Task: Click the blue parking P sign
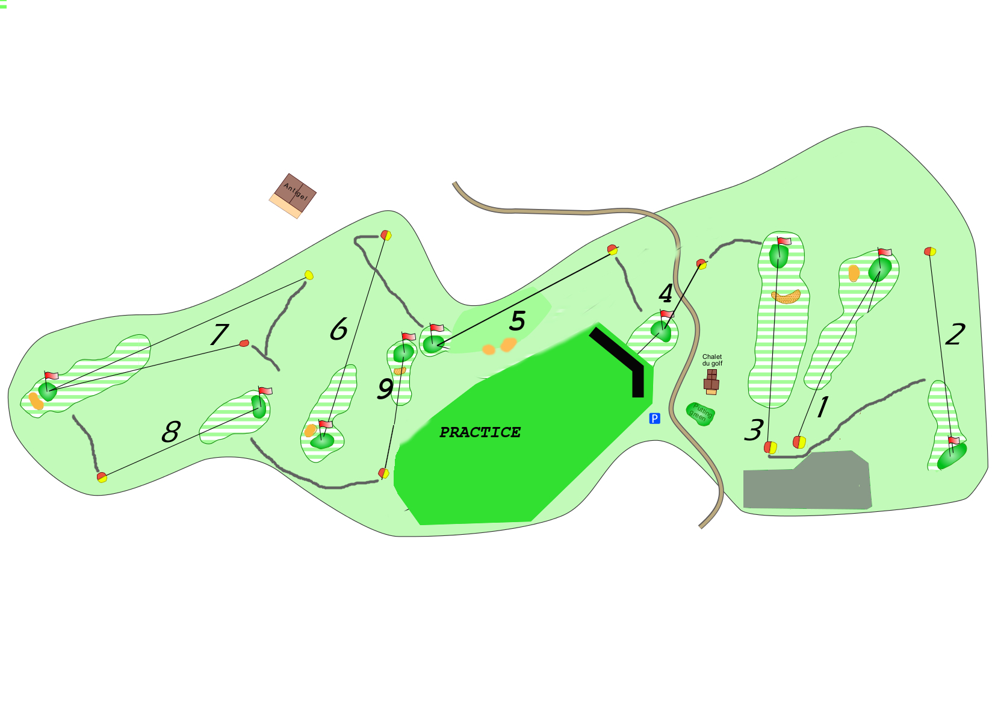pos(654,418)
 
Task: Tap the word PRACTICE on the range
pos(480,432)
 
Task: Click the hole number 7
pos(219,334)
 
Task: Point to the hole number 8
pos(171,432)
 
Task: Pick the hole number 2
pos(955,334)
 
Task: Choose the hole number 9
pos(385,388)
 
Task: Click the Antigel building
pos(293,196)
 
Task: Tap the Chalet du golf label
pos(712,360)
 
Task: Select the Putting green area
pos(701,414)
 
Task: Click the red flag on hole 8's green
pos(265,391)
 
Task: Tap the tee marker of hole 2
pos(930,252)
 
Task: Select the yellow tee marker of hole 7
pos(309,275)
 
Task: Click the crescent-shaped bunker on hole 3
pos(786,297)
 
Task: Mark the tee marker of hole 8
pos(102,478)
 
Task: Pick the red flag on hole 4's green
pos(667,314)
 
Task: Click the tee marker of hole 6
pos(386,235)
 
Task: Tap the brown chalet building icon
pos(711,382)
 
